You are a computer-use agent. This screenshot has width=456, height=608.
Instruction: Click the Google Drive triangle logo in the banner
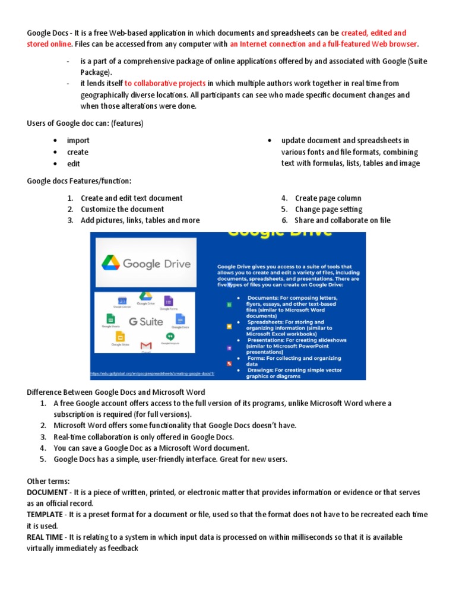[x=110, y=262]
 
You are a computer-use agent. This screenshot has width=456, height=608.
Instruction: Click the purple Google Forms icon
[x=168, y=301]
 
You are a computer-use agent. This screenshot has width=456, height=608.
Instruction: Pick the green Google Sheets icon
[x=110, y=319]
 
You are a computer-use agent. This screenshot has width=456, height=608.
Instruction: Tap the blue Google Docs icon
[x=180, y=319]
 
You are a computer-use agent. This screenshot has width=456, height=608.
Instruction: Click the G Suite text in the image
[x=145, y=322]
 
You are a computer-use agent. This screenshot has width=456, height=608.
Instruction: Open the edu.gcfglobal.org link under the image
[x=152, y=374]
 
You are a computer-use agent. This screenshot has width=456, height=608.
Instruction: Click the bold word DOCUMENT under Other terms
[x=46, y=493]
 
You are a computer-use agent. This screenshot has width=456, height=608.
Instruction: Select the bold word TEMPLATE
[x=45, y=515]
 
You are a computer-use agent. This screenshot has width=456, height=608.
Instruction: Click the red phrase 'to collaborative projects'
[x=165, y=84]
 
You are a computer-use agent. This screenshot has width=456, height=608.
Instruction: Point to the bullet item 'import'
[x=78, y=141]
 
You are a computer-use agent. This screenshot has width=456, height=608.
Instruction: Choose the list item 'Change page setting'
[x=328, y=209]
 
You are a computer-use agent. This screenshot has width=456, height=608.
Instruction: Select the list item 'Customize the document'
[x=122, y=209]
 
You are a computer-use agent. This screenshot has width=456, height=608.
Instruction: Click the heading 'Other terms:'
[x=47, y=482]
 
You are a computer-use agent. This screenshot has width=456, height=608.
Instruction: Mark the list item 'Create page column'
[x=328, y=198]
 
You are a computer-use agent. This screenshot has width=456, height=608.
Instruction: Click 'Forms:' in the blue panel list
[x=258, y=359]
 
